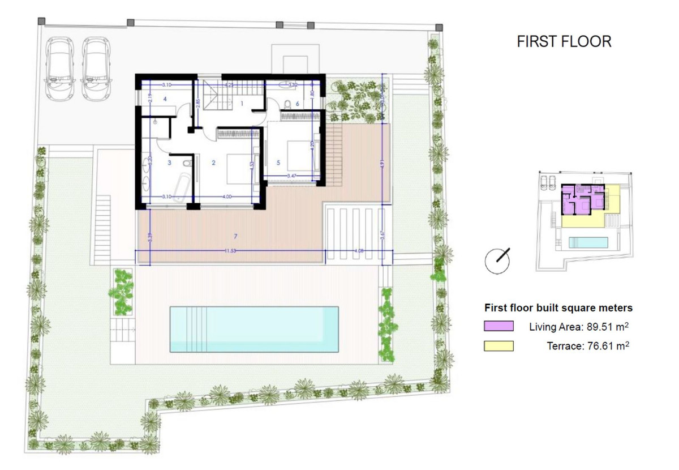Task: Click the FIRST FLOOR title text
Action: pyautogui.click(x=564, y=41)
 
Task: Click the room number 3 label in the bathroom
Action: pyautogui.click(x=169, y=163)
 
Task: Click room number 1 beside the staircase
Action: pyautogui.click(x=242, y=103)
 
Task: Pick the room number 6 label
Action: pyautogui.click(x=297, y=103)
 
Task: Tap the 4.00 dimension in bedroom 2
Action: pyautogui.click(x=227, y=196)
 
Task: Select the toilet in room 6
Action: pyautogui.click(x=287, y=104)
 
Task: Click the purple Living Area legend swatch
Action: pyautogui.click(x=498, y=326)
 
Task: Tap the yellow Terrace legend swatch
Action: pyautogui.click(x=498, y=346)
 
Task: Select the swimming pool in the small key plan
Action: pyautogui.click(x=588, y=242)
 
